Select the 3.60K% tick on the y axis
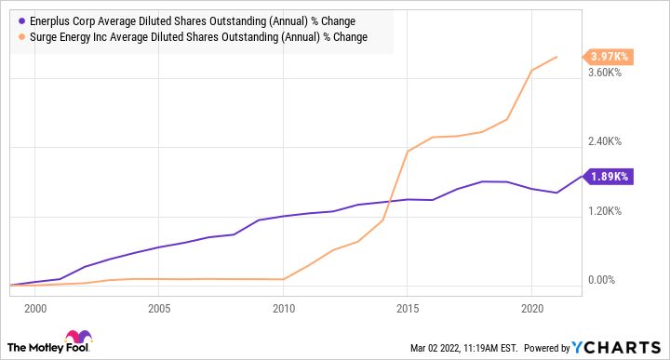(x=610, y=73)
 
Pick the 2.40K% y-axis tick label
(x=610, y=141)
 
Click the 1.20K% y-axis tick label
(x=610, y=211)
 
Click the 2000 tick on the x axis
(x=35, y=307)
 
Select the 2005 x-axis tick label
(x=159, y=307)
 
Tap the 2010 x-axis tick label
(x=283, y=307)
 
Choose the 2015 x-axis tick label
(x=407, y=307)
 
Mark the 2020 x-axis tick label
(x=530, y=307)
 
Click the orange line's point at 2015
(x=408, y=151)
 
